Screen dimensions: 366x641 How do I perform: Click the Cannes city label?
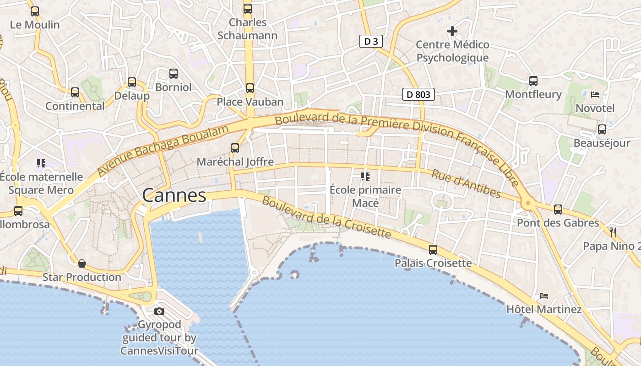click(x=174, y=195)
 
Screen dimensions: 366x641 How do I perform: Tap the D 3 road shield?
click(x=371, y=42)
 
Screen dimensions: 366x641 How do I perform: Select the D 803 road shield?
click(x=418, y=94)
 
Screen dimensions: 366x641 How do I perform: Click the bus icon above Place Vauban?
click(x=250, y=88)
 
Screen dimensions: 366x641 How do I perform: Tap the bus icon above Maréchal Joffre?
click(x=235, y=148)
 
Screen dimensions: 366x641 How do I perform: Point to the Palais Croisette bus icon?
click(x=433, y=250)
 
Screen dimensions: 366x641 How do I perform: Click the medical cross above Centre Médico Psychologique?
click(x=452, y=31)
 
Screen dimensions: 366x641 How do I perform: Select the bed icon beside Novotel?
click(x=595, y=95)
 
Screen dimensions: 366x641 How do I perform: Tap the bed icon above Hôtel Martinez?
click(x=544, y=296)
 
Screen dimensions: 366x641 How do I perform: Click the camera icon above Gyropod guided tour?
click(x=159, y=312)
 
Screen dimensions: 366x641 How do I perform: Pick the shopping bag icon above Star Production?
click(x=82, y=264)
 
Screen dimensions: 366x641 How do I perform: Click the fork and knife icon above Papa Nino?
click(x=614, y=232)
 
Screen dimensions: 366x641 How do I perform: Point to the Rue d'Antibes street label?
click(x=466, y=184)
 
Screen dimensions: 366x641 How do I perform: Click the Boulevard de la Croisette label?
click(x=326, y=218)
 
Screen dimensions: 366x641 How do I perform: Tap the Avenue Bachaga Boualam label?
click(x=163, y=151)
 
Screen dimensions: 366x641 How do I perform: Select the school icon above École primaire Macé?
click(x=365, y=176)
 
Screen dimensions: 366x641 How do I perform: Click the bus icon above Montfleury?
click(x=533, y=81)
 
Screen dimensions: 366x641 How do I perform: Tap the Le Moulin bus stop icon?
click(x=35, y=11)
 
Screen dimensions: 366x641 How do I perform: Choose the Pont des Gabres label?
click(x=558, y=223)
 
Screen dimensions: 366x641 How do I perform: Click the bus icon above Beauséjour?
click(x=602, y=129)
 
